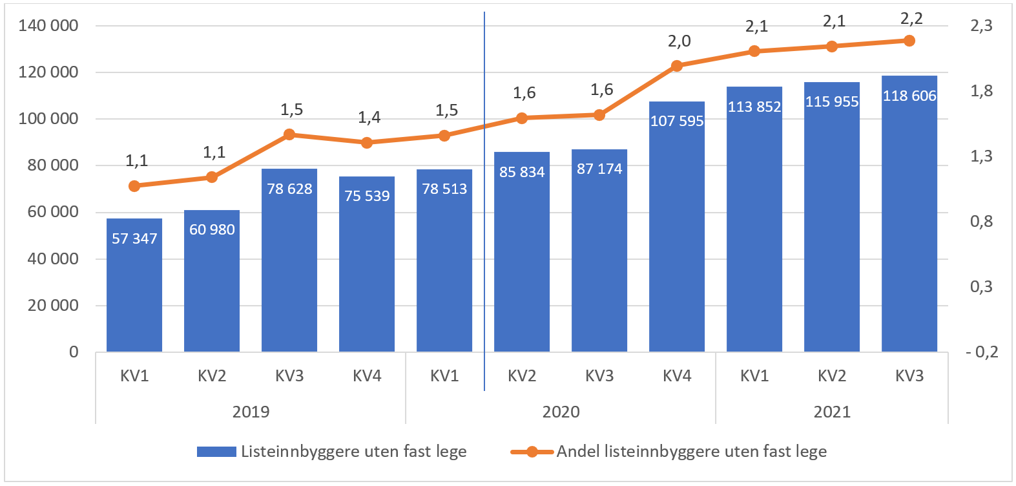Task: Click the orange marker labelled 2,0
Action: [x=677, y=66]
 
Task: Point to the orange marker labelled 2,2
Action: [x=909, y=41]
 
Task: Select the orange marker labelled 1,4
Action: [x=367, y=143]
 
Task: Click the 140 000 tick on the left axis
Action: [x=48, y=25]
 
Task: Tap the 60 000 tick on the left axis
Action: [x=53, y=212]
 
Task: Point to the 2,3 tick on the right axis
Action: [x=981, y=25]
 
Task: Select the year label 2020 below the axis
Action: [x=561, y=412]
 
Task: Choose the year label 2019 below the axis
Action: [x=251, y=412]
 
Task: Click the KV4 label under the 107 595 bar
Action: [x=677, y=375]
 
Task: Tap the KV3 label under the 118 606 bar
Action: [x=909, y=375]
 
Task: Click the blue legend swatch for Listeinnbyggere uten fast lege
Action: [x=216, y=452]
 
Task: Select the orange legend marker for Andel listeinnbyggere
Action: [x=532, y=452]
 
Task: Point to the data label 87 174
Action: [x=599, y=169]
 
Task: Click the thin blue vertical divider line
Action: [x=484, y=259]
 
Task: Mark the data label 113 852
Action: [x=754, y=107]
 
